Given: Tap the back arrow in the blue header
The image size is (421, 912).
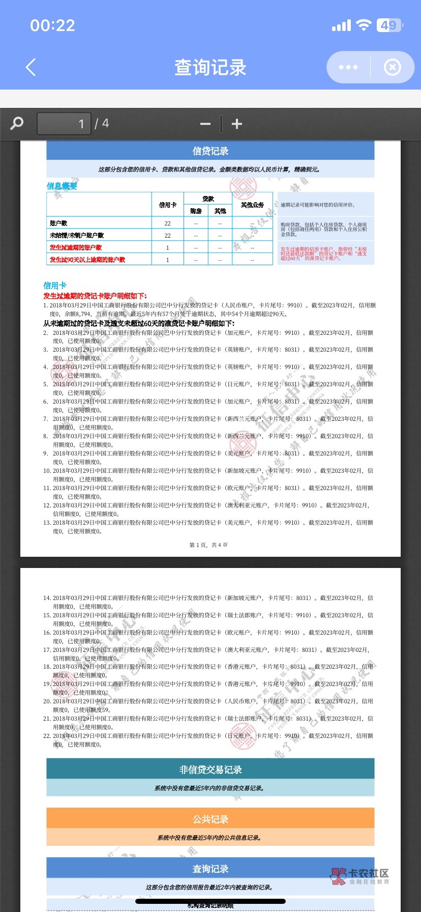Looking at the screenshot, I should [31, 67].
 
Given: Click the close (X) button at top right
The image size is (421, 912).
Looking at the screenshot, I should [392, 67].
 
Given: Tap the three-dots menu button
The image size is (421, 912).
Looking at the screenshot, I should [348, 67].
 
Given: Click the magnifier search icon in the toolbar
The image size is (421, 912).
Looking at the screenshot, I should [17, 124].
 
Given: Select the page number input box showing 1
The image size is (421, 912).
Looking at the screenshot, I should [64, 124].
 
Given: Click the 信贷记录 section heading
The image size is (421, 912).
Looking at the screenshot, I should [211, 151].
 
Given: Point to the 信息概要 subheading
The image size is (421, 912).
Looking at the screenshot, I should [62, 186].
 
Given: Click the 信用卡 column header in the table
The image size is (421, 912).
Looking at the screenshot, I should [168, 205].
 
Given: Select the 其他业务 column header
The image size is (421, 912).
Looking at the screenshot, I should [252, 205].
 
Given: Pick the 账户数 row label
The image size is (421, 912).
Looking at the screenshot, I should [58, 223].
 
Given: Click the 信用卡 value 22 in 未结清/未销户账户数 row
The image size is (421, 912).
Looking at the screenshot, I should [168, 236].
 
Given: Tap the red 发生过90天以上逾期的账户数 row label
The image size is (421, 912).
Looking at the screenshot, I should [87, 260].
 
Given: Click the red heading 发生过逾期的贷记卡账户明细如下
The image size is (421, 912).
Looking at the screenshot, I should [95, 296].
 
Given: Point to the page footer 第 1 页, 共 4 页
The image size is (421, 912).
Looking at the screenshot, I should [208, 545].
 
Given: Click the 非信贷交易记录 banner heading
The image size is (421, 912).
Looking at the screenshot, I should [211, 769].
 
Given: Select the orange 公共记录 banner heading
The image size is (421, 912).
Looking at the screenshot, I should [211, 819].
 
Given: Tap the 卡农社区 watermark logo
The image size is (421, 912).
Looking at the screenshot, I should [360, 876].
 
